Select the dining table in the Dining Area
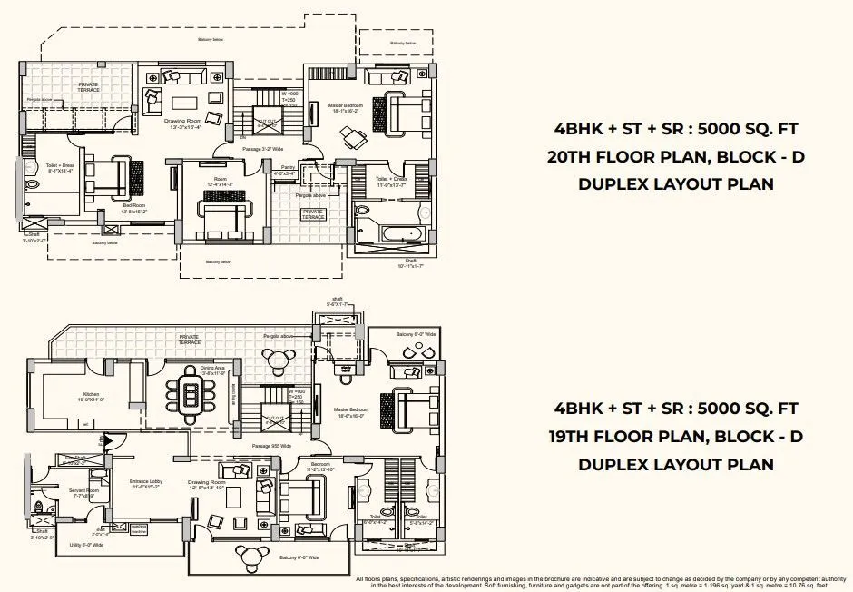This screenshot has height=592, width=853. (x=191, y=396)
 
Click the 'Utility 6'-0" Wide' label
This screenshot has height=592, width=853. (x=86, y=545)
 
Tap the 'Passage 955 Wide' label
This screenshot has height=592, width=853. (x=271, y=447)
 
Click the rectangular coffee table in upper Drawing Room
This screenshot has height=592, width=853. (x=185, y=101)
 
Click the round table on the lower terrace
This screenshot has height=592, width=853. (x=278, y=361)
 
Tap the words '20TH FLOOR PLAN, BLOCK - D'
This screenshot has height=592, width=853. (x=675, y=157)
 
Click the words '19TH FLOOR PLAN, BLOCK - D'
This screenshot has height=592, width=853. (x=675, y=436)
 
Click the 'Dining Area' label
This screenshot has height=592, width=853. (x=211, y=370)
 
